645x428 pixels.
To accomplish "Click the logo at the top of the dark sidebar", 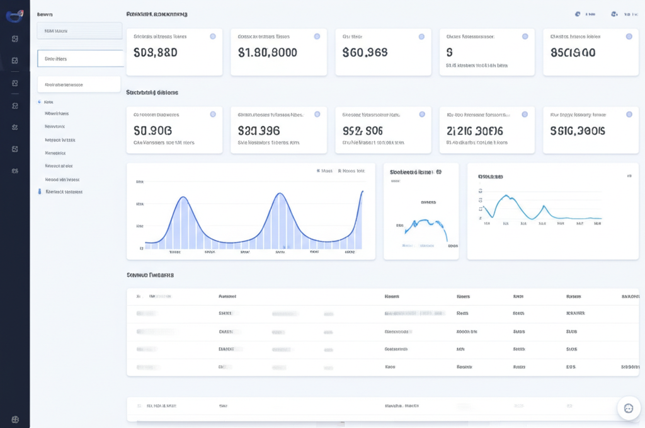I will pos(14,16).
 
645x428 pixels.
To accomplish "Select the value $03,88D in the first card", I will pos(156,53).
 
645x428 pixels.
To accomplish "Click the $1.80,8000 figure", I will pos(268,53).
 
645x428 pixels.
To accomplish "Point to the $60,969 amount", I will pos(365,53).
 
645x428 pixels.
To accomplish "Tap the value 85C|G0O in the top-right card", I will pos(573,53).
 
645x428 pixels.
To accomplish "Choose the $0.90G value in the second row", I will pos(153,131).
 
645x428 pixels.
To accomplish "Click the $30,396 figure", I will pos(259,131).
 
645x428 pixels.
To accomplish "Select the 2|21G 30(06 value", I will pos(474,131).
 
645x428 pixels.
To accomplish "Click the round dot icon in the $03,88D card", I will pos(212,37).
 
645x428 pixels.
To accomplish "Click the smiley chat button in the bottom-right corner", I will pos(628,408).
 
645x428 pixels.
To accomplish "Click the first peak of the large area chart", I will pos(183,198).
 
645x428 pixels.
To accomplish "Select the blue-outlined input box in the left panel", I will pos(80,59).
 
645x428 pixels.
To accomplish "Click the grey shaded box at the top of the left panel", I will pos(79,31).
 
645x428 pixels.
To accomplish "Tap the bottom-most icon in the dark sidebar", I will pos(14,419).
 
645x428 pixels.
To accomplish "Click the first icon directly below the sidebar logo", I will pos(14,39).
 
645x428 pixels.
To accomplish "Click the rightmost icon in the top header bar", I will pos(614,14).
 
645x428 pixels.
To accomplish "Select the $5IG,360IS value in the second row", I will pos(577,131).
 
